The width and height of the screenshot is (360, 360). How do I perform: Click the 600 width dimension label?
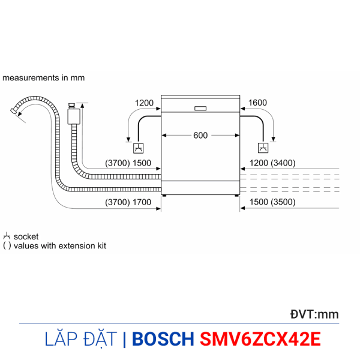click(200, 136)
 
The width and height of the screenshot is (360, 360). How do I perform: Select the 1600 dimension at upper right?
click(257, 103)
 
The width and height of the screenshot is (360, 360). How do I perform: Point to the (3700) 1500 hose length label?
click(128, 163)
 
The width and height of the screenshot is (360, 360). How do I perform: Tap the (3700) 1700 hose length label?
click(128, 202)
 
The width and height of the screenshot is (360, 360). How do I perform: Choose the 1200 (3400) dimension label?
click(272, 163)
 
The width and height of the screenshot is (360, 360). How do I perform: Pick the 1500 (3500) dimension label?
click(272, 202)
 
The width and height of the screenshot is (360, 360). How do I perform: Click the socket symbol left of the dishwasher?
click(139, 148)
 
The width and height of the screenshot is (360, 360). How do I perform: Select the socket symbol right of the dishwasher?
click(263, 148)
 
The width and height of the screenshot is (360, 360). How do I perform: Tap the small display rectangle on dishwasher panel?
click(200, 109)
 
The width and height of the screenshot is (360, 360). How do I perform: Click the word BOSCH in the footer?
click(163, 339)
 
